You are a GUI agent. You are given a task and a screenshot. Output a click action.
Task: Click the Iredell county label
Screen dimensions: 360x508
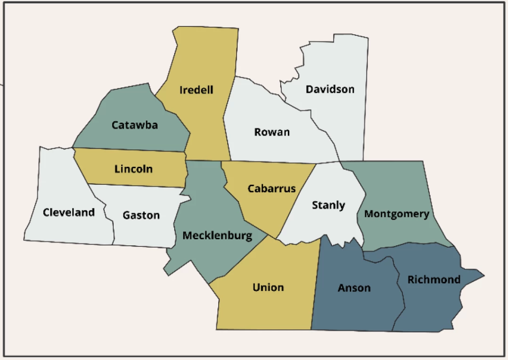point(196,90)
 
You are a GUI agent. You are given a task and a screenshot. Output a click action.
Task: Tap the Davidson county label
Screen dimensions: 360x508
point(330,89)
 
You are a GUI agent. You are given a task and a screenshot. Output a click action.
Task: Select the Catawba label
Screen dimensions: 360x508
point(134,125)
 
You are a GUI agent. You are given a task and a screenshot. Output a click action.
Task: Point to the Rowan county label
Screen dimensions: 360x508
point(272,132)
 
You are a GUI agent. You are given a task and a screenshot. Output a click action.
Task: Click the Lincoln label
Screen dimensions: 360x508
point(133,169)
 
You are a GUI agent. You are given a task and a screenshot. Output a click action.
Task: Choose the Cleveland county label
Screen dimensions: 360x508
point(68,213)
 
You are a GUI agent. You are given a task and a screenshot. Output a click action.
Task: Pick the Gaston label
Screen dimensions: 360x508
point(141,215)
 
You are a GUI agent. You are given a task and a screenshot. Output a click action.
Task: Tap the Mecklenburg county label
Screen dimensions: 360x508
point(217,235)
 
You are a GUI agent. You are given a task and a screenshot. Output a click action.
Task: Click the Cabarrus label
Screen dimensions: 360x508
point(271,189)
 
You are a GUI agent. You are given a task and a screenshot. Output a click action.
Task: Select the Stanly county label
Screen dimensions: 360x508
point(328,205)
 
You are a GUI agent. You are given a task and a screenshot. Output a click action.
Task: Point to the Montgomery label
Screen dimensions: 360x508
point(396,214)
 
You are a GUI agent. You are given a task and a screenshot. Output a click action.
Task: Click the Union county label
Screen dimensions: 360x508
point(268,287)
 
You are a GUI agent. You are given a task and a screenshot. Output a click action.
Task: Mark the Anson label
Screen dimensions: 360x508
point(354,288)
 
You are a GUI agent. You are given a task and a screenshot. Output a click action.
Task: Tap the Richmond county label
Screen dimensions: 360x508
point(434,280)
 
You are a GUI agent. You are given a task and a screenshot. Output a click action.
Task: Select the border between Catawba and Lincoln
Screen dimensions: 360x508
point(129,150)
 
